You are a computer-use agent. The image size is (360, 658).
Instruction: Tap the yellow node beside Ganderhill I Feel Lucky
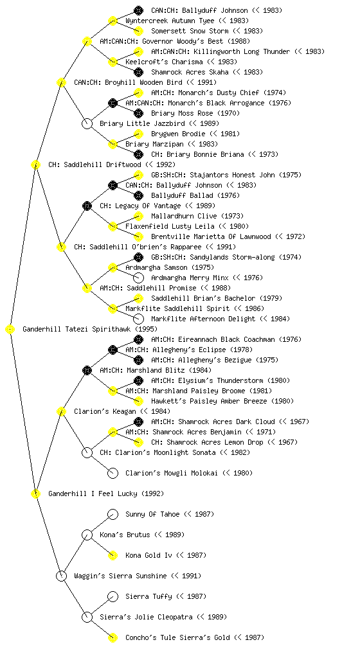pyautogui.click(x=36, y=493)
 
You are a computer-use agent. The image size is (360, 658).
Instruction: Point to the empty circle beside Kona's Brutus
pyautogui.click(x=87, y=535)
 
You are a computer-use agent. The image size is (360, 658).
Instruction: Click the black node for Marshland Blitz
pyautogui.click(x=87, y=370)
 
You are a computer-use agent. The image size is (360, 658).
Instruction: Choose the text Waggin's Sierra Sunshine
pyautogui.click(x=120, y=576)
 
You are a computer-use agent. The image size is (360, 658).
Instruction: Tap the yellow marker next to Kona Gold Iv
pyautogui.click(x=113, y=555)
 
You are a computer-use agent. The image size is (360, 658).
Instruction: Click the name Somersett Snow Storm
pyautogui.click(x=190, y=31)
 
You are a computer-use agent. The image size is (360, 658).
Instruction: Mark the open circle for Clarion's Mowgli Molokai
pyautogui.click(x=113, y=473)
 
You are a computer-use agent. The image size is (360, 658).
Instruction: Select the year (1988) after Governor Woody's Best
pyautogui.click(x=239, y=41)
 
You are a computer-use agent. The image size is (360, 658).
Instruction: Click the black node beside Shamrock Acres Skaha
pyautogui.click(x=138, y=72)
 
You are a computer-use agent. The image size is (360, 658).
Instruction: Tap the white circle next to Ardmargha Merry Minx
pyautogui.click(x=138, y=278)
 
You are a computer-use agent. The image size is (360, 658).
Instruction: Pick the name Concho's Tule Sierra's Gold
pyautogui.click(x=177, y=637)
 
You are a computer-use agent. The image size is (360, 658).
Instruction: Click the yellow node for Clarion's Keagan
pyautogui.click(x=61, y=411)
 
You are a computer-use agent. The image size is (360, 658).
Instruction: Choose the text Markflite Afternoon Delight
pyautogui.click(x=203, y=319)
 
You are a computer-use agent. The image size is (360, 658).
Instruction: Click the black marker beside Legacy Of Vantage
pyautogui.click(x=87, y=206)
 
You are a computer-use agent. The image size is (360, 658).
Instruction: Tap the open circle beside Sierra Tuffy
pyautogui.click(x=113, y=596)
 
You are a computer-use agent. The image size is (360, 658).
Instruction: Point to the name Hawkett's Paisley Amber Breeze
pyautogui.click(x=209, y=401)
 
